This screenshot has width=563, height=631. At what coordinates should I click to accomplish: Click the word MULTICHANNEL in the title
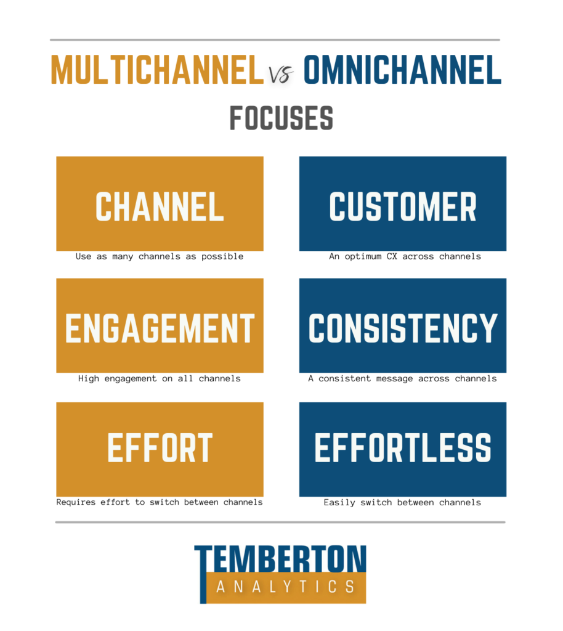pos(157,70)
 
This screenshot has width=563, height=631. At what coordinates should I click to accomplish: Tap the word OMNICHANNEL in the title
pos(403,70)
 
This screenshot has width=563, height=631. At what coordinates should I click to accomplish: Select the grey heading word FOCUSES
pos(281,118)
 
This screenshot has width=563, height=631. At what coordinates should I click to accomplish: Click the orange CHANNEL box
pos(160,203)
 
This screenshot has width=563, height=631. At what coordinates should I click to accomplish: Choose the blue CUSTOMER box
pos(403,203)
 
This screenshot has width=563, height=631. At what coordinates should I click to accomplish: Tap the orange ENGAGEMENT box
pos(160,325)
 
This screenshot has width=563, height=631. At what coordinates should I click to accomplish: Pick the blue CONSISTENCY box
pos(403,325)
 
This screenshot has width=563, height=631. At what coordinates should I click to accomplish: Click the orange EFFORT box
pos(160,449)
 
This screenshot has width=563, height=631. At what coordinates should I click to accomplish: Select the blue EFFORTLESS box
pos(403,449)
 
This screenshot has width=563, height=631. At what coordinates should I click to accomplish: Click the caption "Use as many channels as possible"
pos(160,257)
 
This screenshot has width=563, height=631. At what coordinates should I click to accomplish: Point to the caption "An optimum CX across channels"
pos(405,257)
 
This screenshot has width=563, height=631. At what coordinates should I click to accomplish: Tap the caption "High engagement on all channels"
pos(160,379)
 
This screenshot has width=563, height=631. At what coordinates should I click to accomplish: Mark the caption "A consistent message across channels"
pos(403,379)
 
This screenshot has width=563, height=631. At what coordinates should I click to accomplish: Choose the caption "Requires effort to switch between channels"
pos(160,502)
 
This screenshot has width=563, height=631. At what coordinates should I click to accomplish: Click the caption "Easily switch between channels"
pos(402,503)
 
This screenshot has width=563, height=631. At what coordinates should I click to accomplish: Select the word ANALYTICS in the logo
pos(285,587)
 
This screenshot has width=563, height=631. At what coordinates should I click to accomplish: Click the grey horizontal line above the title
pos(275,40)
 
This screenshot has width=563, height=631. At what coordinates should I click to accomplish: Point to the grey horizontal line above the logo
pos(280,523)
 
